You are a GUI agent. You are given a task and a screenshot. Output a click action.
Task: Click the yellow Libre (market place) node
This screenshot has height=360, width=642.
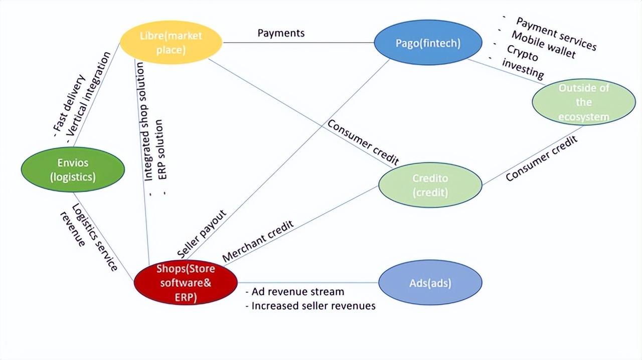pyautogui.click(x=171, y=42)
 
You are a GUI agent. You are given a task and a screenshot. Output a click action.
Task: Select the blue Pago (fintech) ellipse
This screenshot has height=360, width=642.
pyautogui.click(x=428, y=43)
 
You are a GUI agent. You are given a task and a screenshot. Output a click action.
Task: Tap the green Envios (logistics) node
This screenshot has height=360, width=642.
pyautogui.click(x=73, y=169)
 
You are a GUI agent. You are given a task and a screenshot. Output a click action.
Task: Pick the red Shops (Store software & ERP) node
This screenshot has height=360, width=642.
pyautogui.click(x=186, y=282)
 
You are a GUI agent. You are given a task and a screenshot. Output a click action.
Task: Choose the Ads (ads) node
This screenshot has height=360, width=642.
pyautogui.click(x=430, y=283)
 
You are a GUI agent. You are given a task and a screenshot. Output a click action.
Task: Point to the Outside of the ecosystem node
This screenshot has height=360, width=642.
pyautogui.click(x=584, y=102)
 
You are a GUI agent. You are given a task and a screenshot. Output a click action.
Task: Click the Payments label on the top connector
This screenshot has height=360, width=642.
pyautogui.click(x=281, y=33)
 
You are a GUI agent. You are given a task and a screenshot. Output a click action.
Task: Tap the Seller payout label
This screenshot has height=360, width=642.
pyautogui.click(x=202, y=234)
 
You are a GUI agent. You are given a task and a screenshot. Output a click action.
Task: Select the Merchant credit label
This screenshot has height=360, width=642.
pyautogui.click(x=258, y=241)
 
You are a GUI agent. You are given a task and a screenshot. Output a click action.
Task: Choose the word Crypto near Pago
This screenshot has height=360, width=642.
pyautogui.click(x=522, y=53)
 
